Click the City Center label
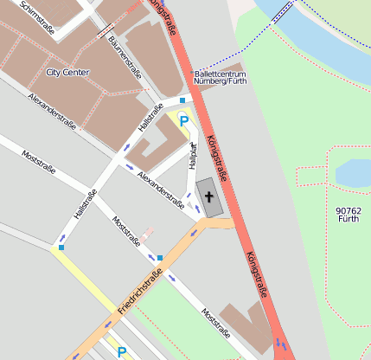pos(67,72)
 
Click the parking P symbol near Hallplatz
pos(183,121)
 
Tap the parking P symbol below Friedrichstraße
pos(122,351)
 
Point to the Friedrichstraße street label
pos(140,290)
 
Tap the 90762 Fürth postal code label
pos(349,215)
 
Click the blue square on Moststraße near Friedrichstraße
pos(160,258)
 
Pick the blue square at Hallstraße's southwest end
pos(61,248)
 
